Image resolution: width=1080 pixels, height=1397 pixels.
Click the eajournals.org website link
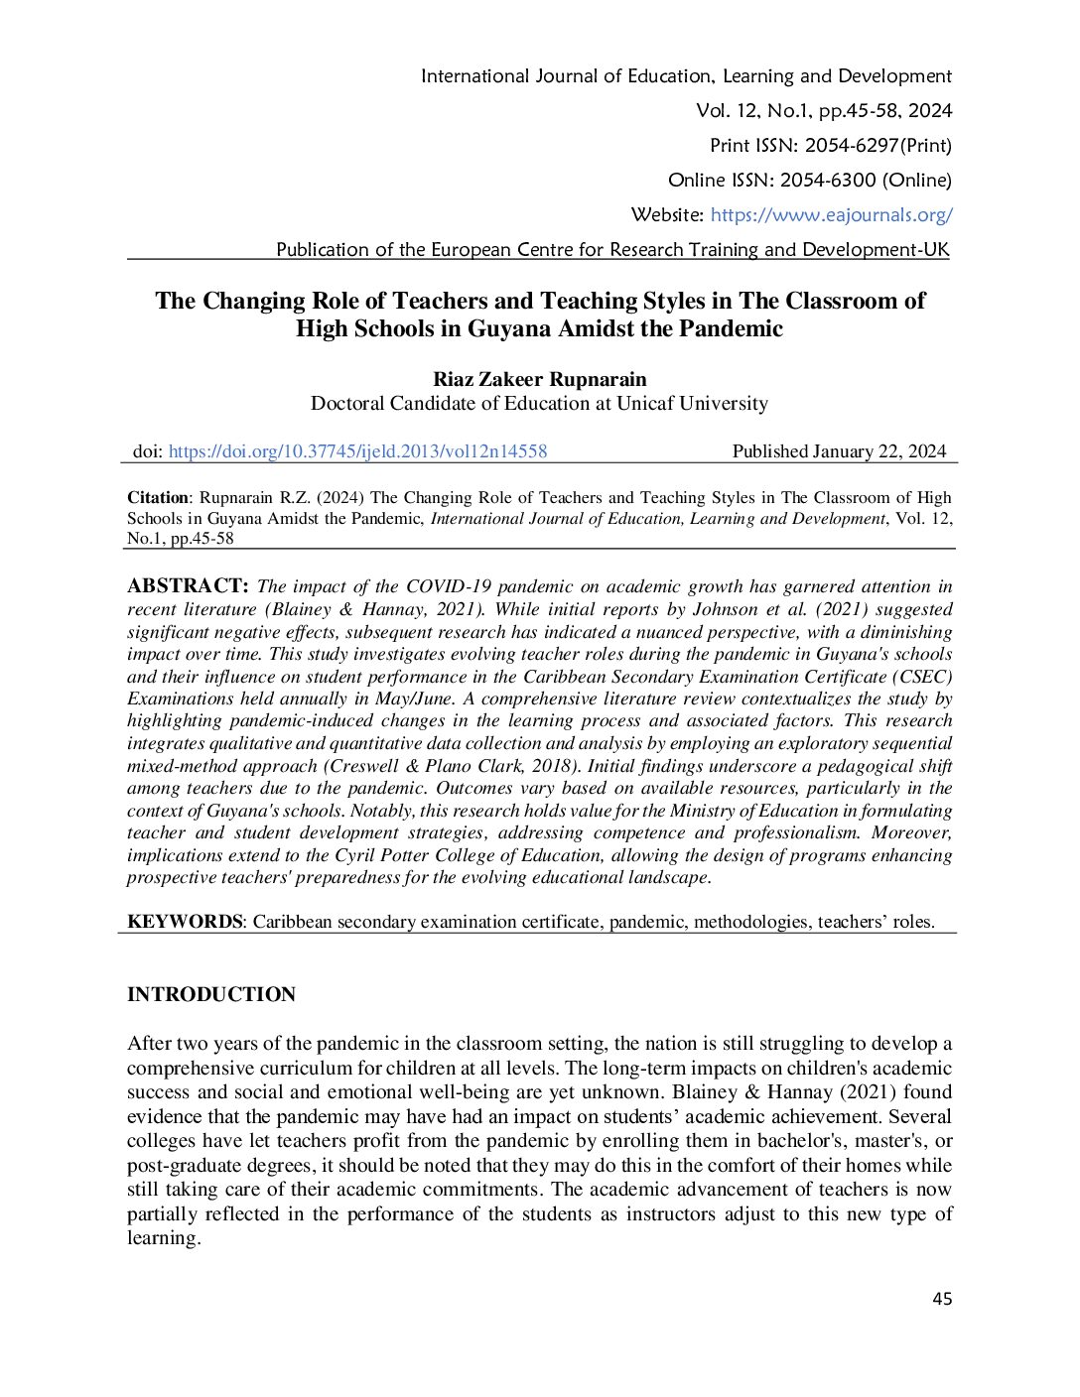(831, 214)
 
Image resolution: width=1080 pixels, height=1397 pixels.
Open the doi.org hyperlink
(357, 451)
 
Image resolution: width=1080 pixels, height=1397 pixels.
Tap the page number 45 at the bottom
(942, 1299)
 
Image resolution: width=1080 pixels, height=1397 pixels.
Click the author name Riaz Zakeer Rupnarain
(539, 379)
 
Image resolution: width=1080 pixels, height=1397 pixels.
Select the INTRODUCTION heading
(211, 994)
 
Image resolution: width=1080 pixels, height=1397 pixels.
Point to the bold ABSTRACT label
(187, 585)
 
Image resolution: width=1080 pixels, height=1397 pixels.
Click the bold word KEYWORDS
(184, 922)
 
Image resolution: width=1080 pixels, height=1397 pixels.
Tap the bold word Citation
(157, 497)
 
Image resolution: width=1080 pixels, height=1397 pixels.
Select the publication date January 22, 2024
(878, 451)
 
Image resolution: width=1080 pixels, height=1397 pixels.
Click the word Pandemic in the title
(731, 328)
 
